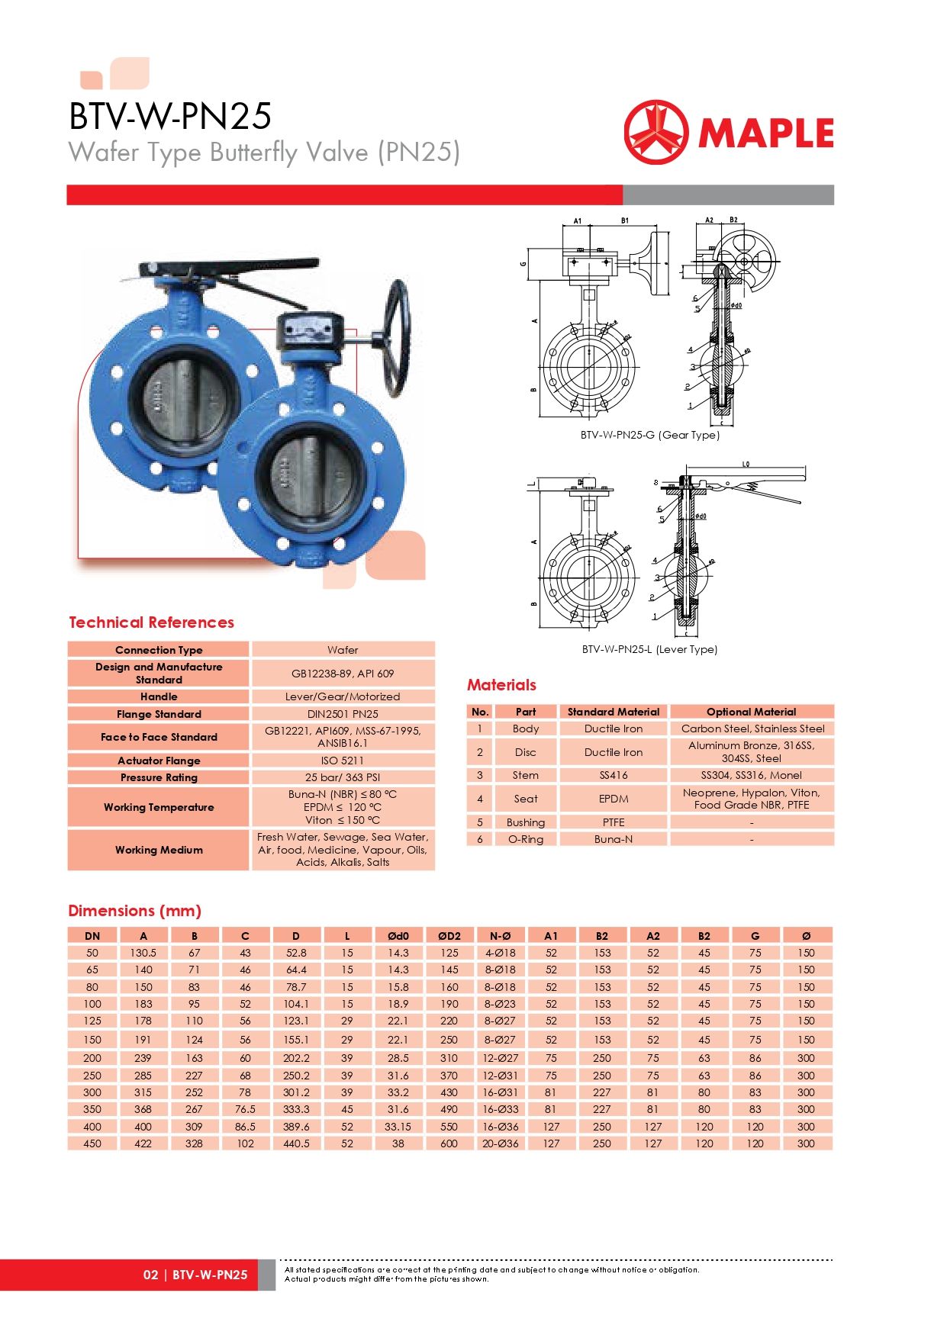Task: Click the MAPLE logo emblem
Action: [655, 132]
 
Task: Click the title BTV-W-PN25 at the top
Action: [170, 117]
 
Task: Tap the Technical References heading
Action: [151, 622]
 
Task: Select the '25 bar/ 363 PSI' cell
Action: [343, 777]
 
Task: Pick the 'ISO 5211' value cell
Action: [343, 761]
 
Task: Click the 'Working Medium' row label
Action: [159, 850]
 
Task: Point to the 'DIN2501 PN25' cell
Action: [343, 714]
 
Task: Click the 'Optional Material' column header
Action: [751, 712]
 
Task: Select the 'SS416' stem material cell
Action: [614, 775]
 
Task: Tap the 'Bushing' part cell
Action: [526, 822]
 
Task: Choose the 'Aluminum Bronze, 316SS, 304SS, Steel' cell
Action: [751, 752]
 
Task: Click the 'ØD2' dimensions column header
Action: [449, 936]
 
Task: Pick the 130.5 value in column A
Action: [143, 953]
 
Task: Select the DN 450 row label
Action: [92, 1143]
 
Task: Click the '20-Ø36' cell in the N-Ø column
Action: [500, 1143]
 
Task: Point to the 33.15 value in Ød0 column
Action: [398, 1127]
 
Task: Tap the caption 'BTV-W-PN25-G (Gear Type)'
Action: [649, 435]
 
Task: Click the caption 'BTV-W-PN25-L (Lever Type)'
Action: [649, 649]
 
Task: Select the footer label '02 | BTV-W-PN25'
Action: [195, 1275]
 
